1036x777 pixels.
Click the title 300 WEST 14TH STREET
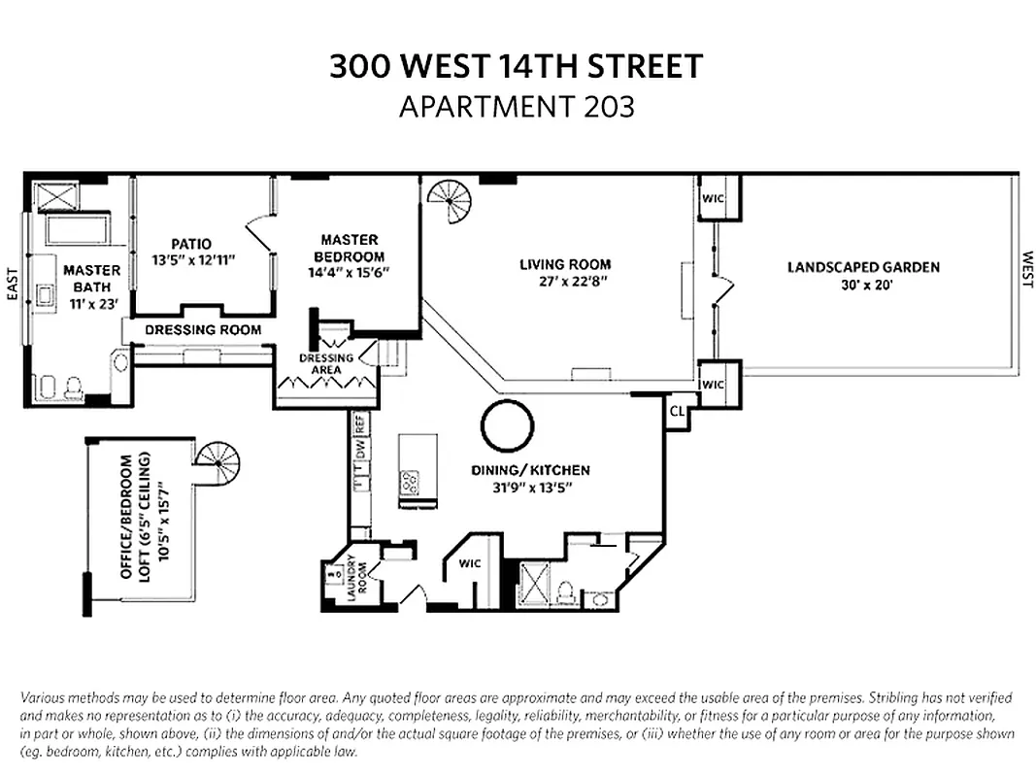[517, 67]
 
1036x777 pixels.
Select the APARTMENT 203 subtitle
[517, 106]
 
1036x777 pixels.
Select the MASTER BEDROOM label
[350, 248]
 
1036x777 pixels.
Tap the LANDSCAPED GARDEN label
[863, 267]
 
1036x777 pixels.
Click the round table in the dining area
[507, 426]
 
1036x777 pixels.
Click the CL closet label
[677, 411]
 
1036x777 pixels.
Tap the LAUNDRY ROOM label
[357, 574]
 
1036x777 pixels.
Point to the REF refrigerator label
[359, 424]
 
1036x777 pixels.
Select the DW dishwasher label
[359, 450]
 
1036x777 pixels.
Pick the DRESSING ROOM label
[203, 330]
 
